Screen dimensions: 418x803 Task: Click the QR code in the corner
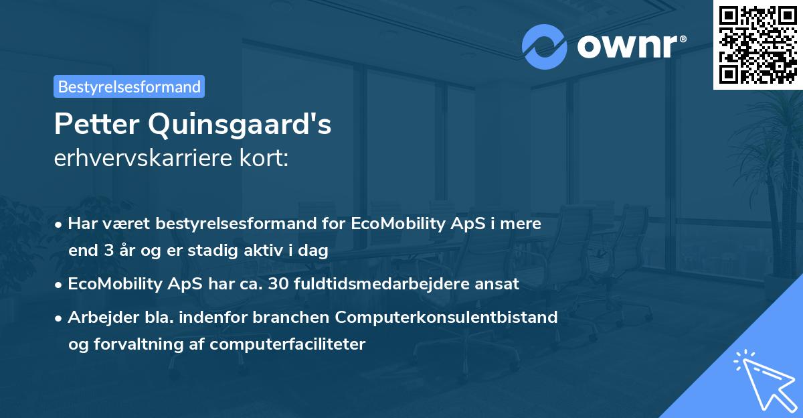coord(757,44)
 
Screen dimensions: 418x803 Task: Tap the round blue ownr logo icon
coord(544,46)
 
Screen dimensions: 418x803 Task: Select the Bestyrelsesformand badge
coord(129,86)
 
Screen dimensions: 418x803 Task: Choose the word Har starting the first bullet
coord(82,224)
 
